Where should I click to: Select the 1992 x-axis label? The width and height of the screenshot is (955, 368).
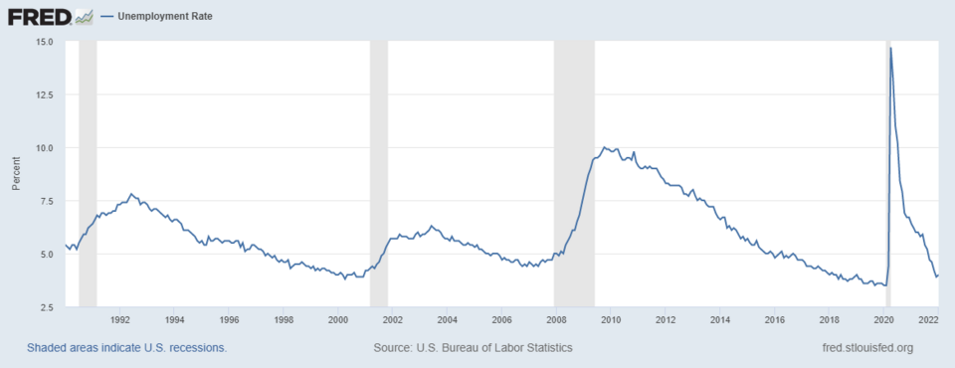119,320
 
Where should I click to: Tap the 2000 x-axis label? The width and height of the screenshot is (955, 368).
337,320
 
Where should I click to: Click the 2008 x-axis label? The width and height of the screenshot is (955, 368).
555,320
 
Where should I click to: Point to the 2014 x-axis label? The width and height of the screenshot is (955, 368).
719,320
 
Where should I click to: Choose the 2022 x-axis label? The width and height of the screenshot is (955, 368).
929,320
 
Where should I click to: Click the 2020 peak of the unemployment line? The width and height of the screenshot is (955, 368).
890,48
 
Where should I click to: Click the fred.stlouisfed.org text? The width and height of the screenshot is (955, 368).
862,348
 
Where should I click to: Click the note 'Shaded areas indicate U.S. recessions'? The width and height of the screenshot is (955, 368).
127,348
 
